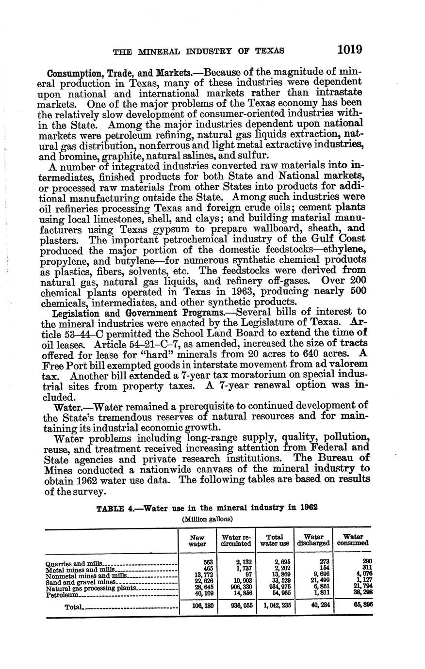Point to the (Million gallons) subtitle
[x=208, y=519]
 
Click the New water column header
[x=197, y=541]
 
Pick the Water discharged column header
[x=314, y=541]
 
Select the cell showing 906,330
[x=241, y=588]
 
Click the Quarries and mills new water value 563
[x=209, y=562]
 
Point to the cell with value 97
[x=246, y=575]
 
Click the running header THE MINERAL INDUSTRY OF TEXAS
[x=198, y=50]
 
